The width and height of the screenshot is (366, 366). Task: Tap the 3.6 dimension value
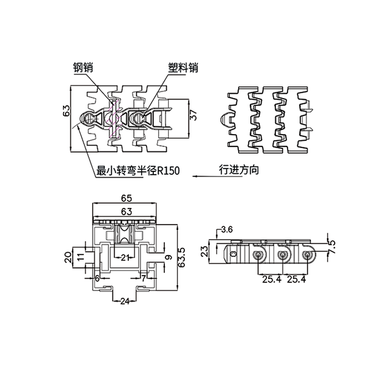tap(227, 229)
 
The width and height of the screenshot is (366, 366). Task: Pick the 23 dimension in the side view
tap(205, 251)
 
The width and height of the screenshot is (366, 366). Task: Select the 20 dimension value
tap(68, 257)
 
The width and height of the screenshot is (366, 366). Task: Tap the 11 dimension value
tap(80, 257)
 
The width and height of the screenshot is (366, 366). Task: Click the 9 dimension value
tap(168, 257)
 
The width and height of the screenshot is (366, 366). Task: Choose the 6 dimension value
tap(97, 278)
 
